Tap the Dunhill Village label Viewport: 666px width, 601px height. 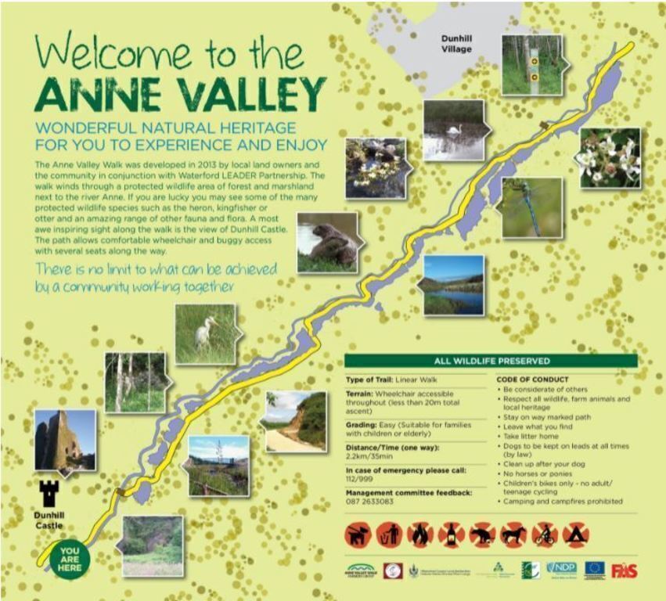(456, 43)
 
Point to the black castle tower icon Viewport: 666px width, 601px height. (49, 493)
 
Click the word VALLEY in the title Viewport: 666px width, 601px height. (222, 94)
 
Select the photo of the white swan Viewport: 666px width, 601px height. (452, 131)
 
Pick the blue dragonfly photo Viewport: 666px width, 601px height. (532, 207)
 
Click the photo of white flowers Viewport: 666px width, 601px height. (610, 157)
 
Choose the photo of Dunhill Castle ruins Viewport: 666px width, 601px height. (65, 440)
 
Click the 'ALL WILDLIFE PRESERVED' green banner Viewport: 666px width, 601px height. (491, 361)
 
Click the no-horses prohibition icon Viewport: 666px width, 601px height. (513, 535)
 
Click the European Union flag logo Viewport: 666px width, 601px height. (594, 570)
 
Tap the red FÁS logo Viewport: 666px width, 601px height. (624, 570)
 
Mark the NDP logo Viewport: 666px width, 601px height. (561, 569)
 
